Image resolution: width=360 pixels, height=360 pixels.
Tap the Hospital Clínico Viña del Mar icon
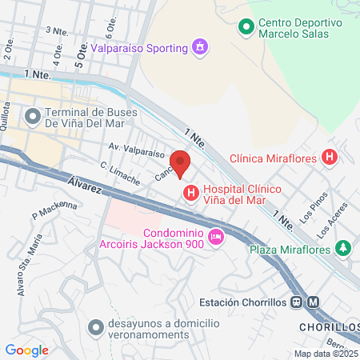191,193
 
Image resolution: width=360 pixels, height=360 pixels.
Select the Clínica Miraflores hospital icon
329,158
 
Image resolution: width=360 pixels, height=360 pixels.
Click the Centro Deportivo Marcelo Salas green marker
247,26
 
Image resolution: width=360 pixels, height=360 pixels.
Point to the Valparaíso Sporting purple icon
199,47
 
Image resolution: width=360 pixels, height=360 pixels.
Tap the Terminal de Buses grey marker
32,117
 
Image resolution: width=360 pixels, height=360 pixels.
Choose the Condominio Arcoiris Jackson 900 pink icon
215,237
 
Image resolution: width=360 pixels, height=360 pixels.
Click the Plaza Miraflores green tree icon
343,249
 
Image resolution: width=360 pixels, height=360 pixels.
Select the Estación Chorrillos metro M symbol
313,302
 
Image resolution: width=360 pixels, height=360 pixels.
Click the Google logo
26,350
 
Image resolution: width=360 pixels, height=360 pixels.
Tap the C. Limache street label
121,174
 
